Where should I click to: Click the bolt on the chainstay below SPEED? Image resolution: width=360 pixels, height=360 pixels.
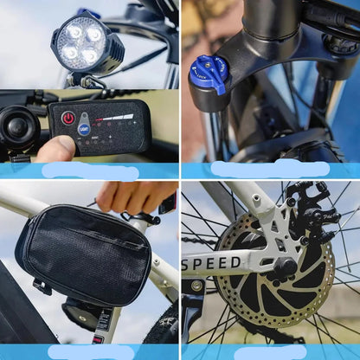pos(198,286)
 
